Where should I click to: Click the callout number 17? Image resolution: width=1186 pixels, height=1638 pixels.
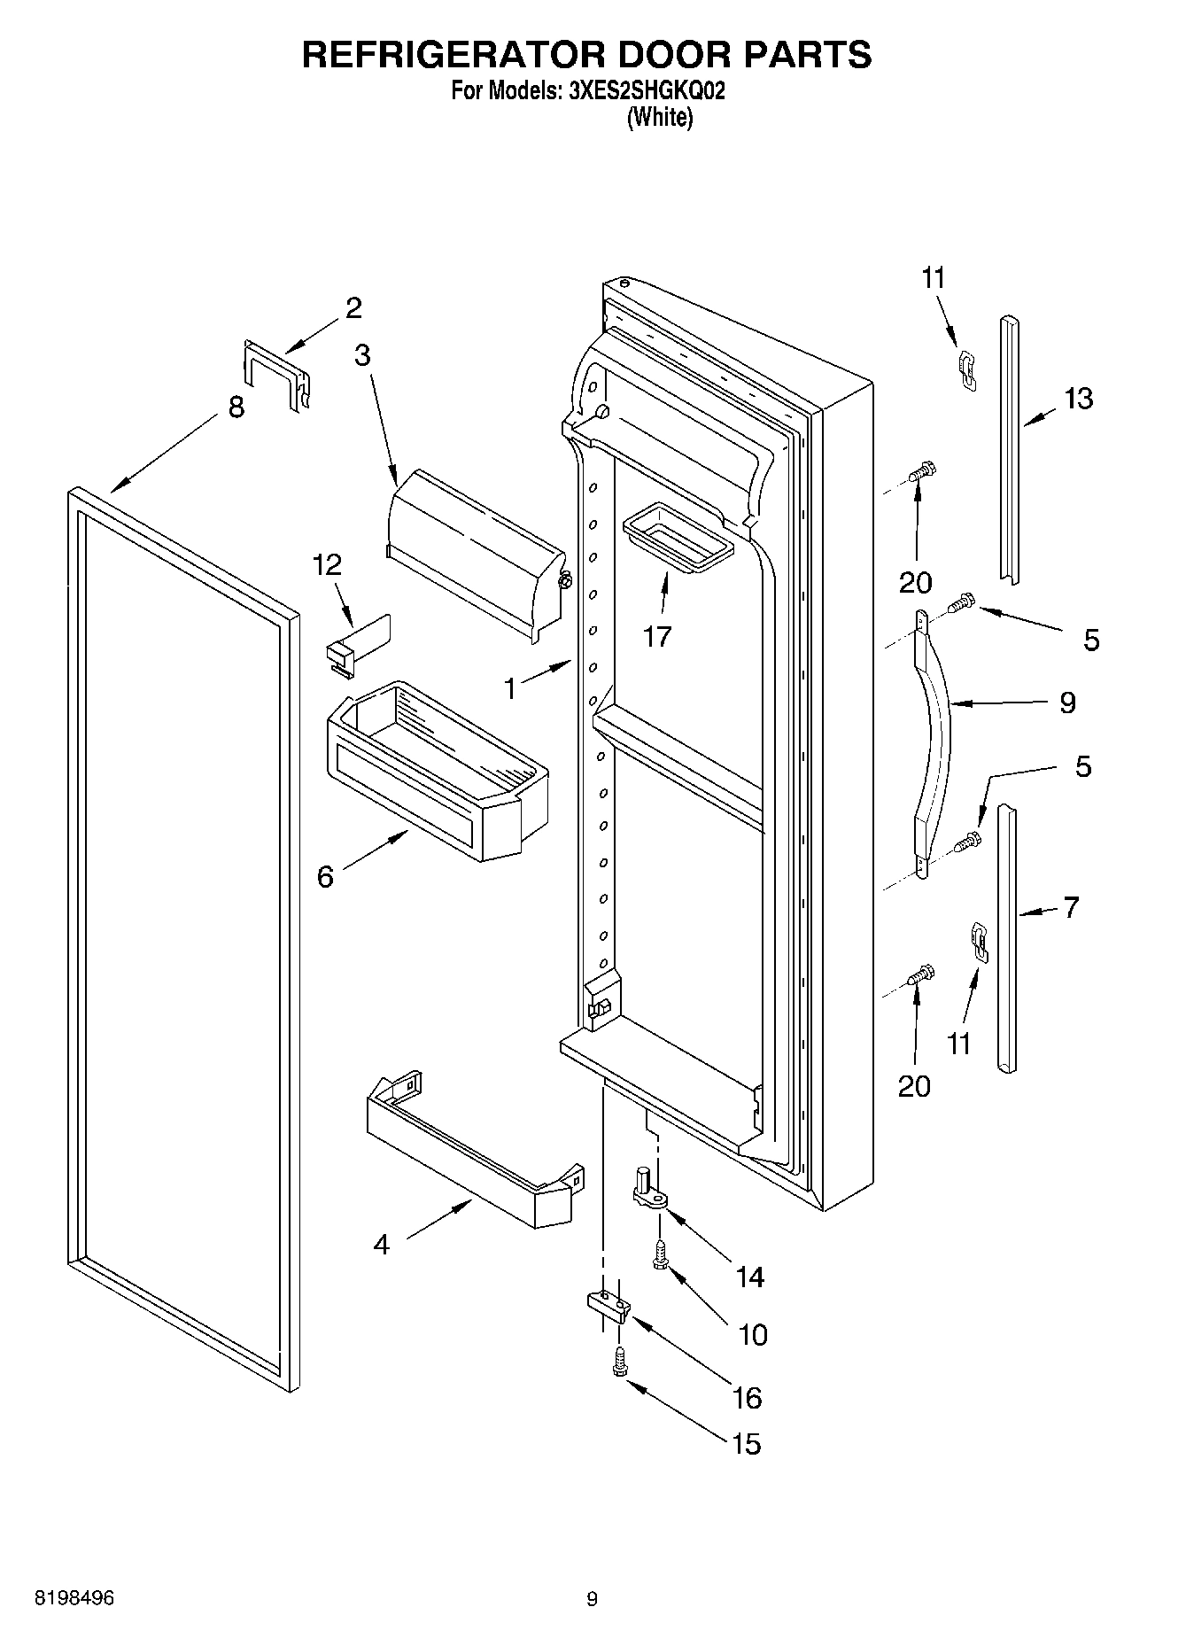657,636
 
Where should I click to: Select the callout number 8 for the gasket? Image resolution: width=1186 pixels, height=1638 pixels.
236,408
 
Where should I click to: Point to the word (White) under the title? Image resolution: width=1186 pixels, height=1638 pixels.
659,117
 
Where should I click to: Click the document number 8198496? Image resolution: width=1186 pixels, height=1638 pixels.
74,1598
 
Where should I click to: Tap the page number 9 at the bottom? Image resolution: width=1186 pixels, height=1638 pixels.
592,1599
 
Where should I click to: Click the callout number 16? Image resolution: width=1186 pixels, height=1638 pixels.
748,1398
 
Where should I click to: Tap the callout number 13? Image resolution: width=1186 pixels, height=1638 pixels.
1078,399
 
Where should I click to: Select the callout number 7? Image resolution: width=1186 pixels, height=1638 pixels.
1071,907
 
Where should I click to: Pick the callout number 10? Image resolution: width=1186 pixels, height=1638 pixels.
753,1334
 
